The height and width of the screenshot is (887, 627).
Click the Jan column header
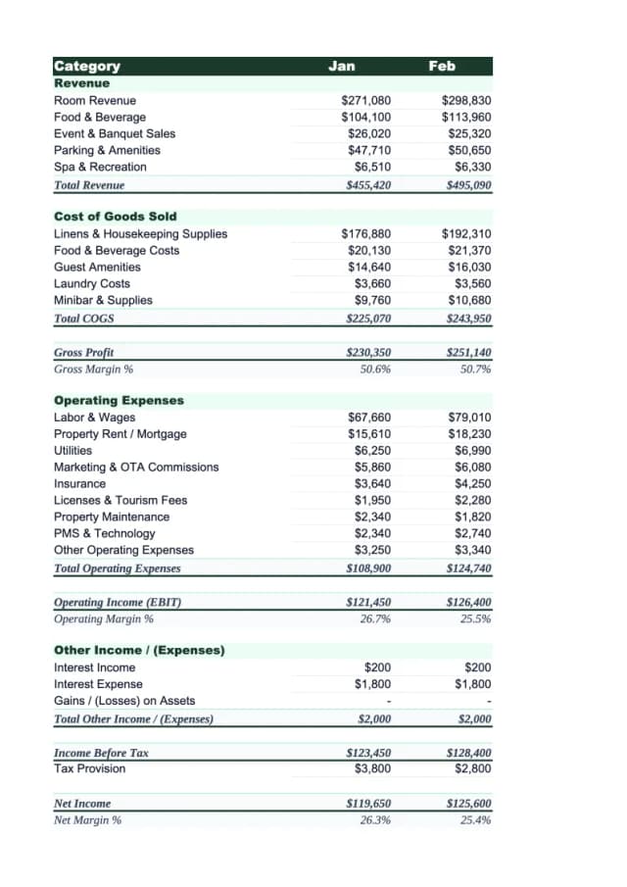(x=342, y=66)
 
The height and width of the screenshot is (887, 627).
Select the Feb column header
(x=442, y=66)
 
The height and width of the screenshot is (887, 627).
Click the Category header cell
(x=87, y=67)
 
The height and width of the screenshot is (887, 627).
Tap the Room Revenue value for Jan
(x=365, y=101)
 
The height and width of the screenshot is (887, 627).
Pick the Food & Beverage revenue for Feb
(x=466, y=118)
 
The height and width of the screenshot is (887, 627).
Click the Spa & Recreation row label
(x=100, y=167)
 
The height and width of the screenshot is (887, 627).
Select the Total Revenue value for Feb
(x=467, y=184)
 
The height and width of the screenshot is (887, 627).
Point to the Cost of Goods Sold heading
(x=116, y=217)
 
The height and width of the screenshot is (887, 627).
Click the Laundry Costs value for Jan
(x=372, y=284)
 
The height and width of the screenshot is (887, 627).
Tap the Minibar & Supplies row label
(x=103, y=301)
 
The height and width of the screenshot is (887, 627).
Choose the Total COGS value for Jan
(x=368, y=319)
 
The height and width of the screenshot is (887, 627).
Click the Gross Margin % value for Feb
(x=475, y=370)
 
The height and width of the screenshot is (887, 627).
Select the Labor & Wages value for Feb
(x=470, y=418)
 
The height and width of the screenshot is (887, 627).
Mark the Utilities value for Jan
(x=372, y=451)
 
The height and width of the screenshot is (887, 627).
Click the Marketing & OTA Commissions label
(x=136, y=468)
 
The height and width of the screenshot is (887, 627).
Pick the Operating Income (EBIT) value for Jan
(x=368, y=603)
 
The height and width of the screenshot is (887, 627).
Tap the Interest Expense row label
(x=98, y=684)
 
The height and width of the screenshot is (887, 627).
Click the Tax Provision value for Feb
(x=473, y=768)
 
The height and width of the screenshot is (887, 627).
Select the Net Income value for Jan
(x=368, y=804)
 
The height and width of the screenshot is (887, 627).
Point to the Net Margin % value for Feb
(x=475, y=820)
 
